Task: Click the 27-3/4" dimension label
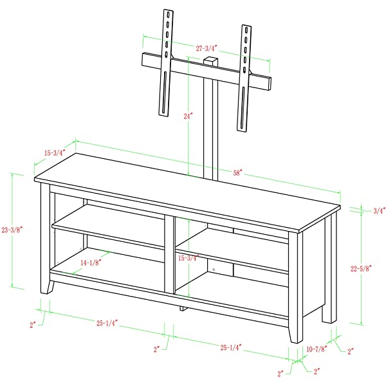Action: point(207,47)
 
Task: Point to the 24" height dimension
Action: point(188,116)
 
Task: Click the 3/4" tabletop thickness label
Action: point(379,210)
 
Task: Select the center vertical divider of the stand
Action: point(170,254)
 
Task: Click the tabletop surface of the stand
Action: point(187,187)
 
